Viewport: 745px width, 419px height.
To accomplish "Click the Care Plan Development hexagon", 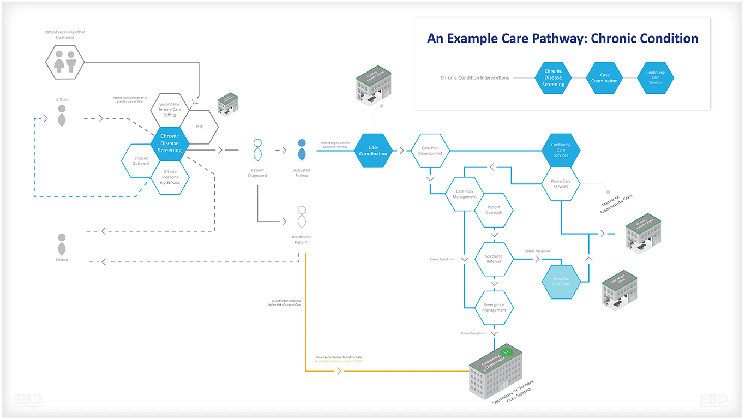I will tap(430, 151).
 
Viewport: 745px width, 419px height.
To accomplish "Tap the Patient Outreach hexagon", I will tap(494, 210).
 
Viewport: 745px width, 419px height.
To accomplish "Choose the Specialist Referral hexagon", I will tap(494, 259).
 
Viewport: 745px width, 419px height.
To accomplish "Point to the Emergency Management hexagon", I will tap(494, 308).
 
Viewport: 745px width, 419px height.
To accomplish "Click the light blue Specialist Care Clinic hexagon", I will tap(561, 282).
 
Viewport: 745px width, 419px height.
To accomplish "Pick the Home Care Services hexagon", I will tap(561, 184).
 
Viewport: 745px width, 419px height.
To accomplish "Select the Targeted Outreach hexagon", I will tap(140, 161).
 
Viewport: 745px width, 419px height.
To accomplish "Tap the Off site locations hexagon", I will tap(170, 177).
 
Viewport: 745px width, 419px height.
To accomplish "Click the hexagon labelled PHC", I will tap(200, 127).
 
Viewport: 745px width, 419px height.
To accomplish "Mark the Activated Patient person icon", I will tap(302, 151).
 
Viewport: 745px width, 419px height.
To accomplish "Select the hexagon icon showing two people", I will tap(64, 61).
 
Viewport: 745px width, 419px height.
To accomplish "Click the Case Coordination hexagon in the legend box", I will tap(604, 78).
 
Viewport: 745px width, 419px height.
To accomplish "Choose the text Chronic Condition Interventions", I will tap(474, 78).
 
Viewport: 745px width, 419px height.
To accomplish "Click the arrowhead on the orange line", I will tap(339, 372).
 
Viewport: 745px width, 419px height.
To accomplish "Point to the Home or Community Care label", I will tap(617, 205).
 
